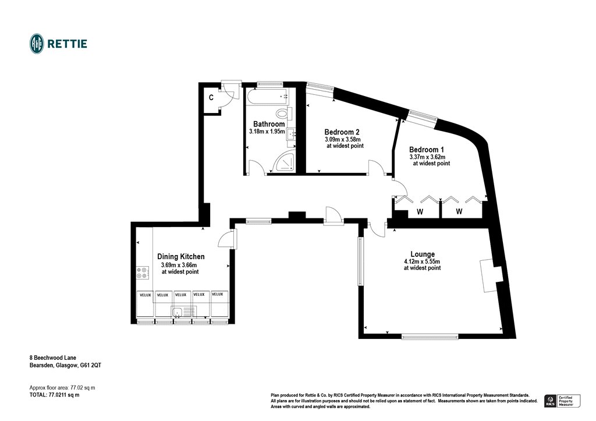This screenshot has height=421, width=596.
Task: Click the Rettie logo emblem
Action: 37,44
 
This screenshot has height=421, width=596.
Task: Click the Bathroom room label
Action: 269,124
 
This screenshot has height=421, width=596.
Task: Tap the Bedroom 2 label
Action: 342,132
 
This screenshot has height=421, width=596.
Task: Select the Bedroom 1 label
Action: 427,150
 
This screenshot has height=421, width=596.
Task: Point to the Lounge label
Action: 423,254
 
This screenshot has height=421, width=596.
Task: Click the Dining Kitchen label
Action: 181,257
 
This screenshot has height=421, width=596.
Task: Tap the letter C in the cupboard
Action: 211,98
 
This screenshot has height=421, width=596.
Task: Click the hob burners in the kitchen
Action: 143,273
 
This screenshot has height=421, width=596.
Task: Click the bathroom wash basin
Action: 291,133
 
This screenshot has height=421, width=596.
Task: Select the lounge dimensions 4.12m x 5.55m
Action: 422,261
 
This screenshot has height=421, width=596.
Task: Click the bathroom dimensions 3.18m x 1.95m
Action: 267,131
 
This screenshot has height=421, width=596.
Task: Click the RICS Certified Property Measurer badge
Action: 563,401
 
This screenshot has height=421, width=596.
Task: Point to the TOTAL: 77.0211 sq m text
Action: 54,395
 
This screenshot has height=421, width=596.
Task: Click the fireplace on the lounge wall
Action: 490,275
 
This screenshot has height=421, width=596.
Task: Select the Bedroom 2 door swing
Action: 377,167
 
